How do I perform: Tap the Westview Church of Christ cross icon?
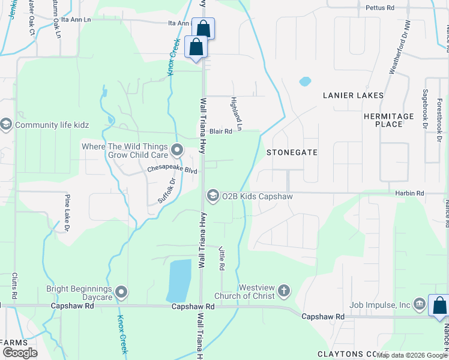pyautogui.click(x=284, y=292)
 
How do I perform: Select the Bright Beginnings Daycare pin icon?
pyautogui.click(x=121, y=293)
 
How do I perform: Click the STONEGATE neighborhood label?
pyautogui.click(x=292, y=152)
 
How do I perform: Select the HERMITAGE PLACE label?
pyautogui.click(x=388, y=120)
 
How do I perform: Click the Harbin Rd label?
pyautogui.click(x=410, y=193)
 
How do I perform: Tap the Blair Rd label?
pyautogui.click(x=220, y=131)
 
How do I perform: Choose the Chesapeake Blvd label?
pyautogui.click(x=172, y=170)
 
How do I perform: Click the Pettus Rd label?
pyautogui.click(x=380, y=8)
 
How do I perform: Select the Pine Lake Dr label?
pyautogui.click(x=67, y=212)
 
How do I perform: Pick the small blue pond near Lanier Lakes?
pyautogui.click(x=305, y=81)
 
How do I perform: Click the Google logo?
pyautogui.click(x=20, y=353)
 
